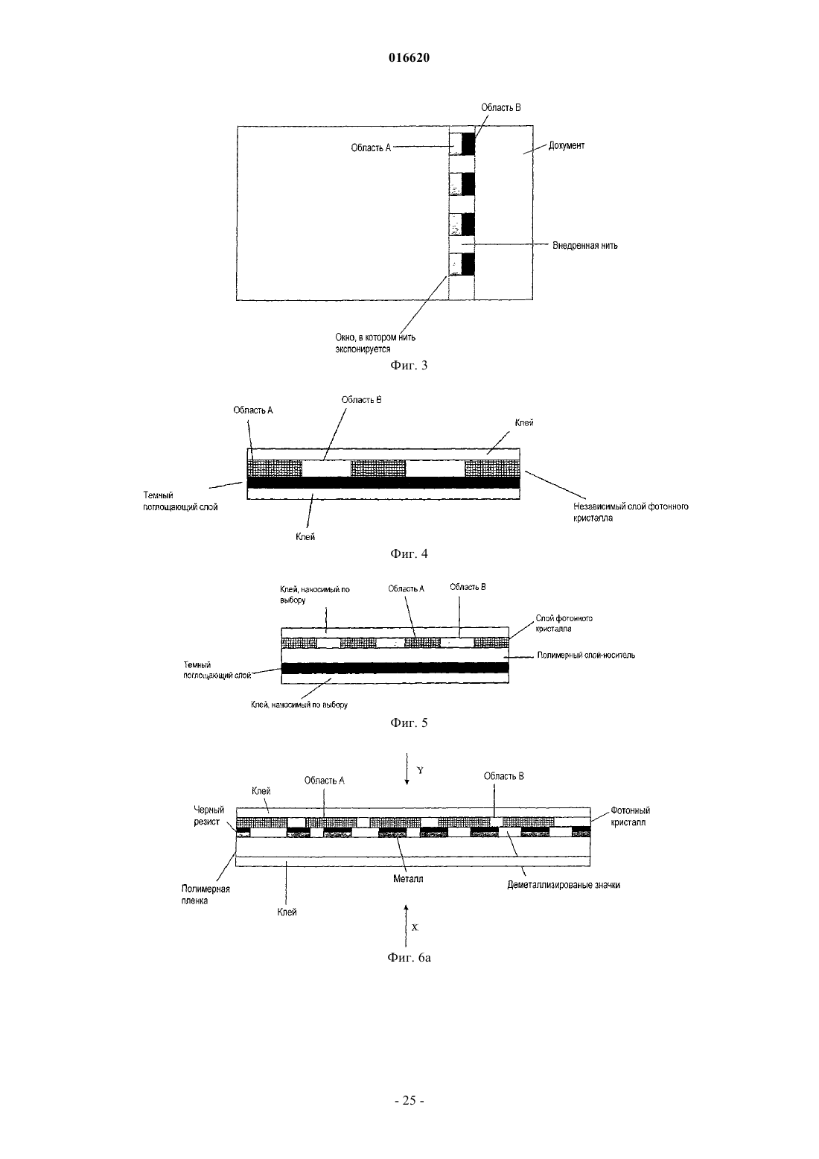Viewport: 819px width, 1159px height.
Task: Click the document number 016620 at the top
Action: click(409, 57)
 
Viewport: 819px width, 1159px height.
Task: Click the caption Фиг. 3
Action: click(409, 365)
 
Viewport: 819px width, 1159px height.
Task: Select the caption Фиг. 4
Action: click(409, 553)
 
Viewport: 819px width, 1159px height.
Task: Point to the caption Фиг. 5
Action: click(409, 723)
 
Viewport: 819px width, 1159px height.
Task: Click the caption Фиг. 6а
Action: click(409, 958)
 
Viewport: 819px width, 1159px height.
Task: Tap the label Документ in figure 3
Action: click(567, 145)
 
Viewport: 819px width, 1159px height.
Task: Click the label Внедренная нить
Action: click(584, 245)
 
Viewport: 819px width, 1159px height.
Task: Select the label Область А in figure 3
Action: click(371, 148)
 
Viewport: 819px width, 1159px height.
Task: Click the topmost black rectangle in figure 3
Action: click(468, 144)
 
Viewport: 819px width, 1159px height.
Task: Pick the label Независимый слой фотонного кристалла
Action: click(631, 512)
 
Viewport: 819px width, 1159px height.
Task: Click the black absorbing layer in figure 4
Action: click(383, 483)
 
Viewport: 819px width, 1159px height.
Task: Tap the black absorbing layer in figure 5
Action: click(395, 668)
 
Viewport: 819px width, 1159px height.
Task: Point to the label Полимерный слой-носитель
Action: click(587, 655)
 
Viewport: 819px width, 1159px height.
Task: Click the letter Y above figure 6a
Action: click(420, 770)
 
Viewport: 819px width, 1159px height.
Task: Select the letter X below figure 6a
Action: click(415, 927)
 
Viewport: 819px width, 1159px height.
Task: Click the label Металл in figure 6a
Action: click(408, 879)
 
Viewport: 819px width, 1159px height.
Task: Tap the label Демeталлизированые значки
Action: click(564, 885)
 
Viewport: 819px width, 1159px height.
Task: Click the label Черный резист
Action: click(209, 816)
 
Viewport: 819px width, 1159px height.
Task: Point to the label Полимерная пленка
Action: click(205, 895)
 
